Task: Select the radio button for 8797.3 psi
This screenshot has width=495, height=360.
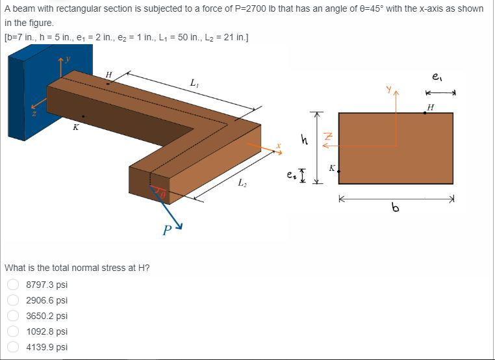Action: click(x=12, y=285)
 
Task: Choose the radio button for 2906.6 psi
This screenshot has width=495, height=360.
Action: click(x=12, y=300)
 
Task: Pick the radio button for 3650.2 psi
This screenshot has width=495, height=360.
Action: click(x=12, y=316)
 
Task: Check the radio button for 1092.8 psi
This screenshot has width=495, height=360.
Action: click(x=12, y=331)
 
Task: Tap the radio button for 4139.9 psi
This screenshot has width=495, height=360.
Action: click(x=12, y=347)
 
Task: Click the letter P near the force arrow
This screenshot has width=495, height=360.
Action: click(x=167, y=229)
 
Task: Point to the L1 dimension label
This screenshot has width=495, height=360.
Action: click(x=194, y=83)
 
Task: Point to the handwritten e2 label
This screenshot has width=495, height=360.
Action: click(x=290, y=174)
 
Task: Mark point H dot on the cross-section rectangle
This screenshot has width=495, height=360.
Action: click(x=425, y=112)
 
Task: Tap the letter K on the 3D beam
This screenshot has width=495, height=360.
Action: click(x=76, y=127)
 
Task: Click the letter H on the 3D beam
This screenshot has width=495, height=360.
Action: click(x=108, y=75)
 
